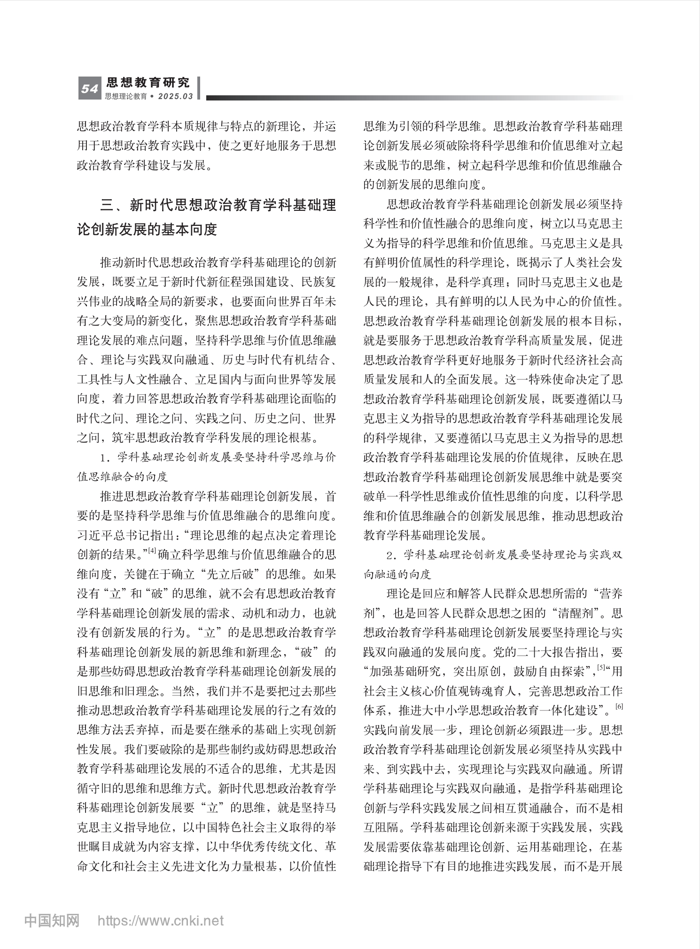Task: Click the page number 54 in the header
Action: point(89,89)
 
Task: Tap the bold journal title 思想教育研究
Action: point(148,83)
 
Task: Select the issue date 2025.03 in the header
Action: point(176,96)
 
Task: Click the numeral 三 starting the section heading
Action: point(107,205)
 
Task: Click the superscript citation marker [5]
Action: point(601,667)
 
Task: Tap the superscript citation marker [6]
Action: point(619,707)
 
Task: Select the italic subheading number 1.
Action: point(104,457)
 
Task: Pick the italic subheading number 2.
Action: point(390,555)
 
